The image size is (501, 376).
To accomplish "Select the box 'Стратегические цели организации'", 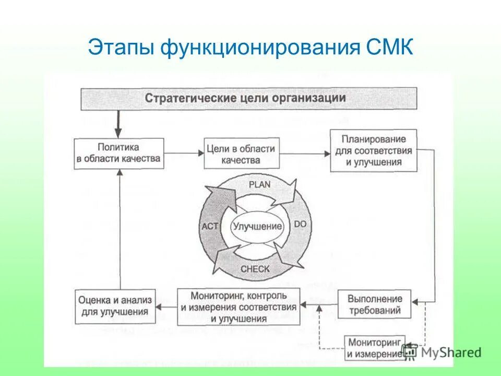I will point(248,98).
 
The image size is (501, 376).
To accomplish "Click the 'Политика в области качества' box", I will point(119,153).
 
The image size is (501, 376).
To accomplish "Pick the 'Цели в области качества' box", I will point(240,153).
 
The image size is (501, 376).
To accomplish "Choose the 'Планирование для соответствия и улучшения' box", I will point(374,150).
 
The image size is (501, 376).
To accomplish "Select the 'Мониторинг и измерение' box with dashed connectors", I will point(374,347).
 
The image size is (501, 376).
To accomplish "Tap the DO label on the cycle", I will point(301,224).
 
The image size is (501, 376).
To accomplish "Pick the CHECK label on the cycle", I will point(255,269).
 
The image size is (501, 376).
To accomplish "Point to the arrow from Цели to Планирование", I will point(303,153).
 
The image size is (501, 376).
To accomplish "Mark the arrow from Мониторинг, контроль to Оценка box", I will point(166,305).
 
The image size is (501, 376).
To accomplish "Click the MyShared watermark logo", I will point(442,352).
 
